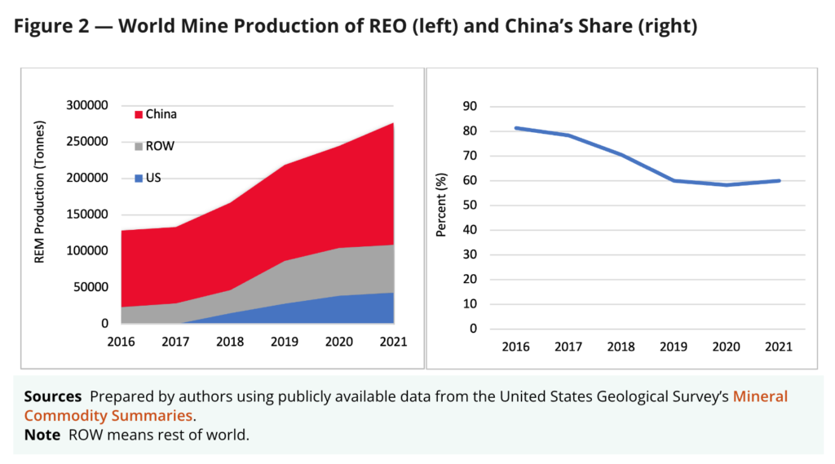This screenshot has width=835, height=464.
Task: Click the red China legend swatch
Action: point(139,115)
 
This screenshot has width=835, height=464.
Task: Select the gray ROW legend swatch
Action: point(139,147)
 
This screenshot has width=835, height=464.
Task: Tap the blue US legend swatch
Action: point(139,179)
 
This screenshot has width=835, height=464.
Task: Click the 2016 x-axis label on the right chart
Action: point(516,347)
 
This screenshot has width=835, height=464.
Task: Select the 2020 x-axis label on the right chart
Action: point(726,347)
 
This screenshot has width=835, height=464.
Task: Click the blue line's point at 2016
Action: point(516,128)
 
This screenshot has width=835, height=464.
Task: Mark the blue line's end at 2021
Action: point(779,180)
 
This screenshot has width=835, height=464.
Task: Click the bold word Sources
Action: point(53,396)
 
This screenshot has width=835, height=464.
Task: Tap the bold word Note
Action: point(42,435)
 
